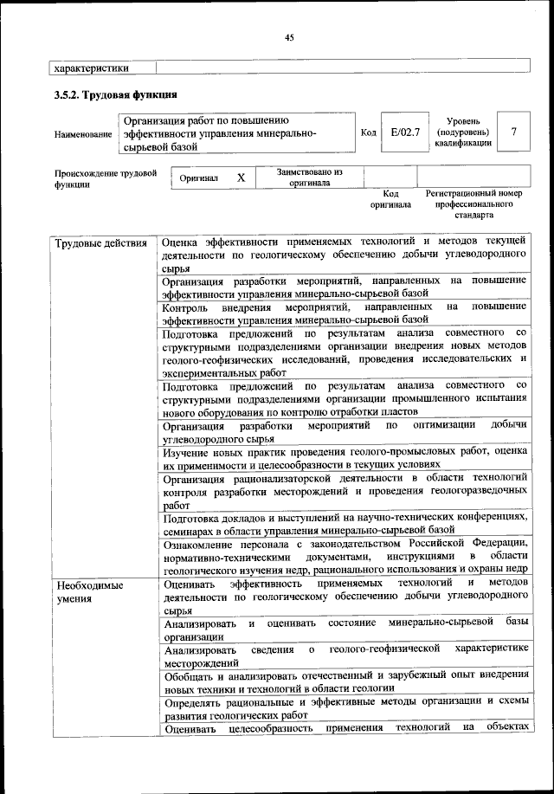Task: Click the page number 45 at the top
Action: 289,36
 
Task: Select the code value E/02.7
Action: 404,132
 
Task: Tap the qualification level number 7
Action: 514,132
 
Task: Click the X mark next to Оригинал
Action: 241,178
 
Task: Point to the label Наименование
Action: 83,134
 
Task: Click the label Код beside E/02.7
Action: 368,132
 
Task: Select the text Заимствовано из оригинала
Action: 309,178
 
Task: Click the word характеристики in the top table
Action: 92,67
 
